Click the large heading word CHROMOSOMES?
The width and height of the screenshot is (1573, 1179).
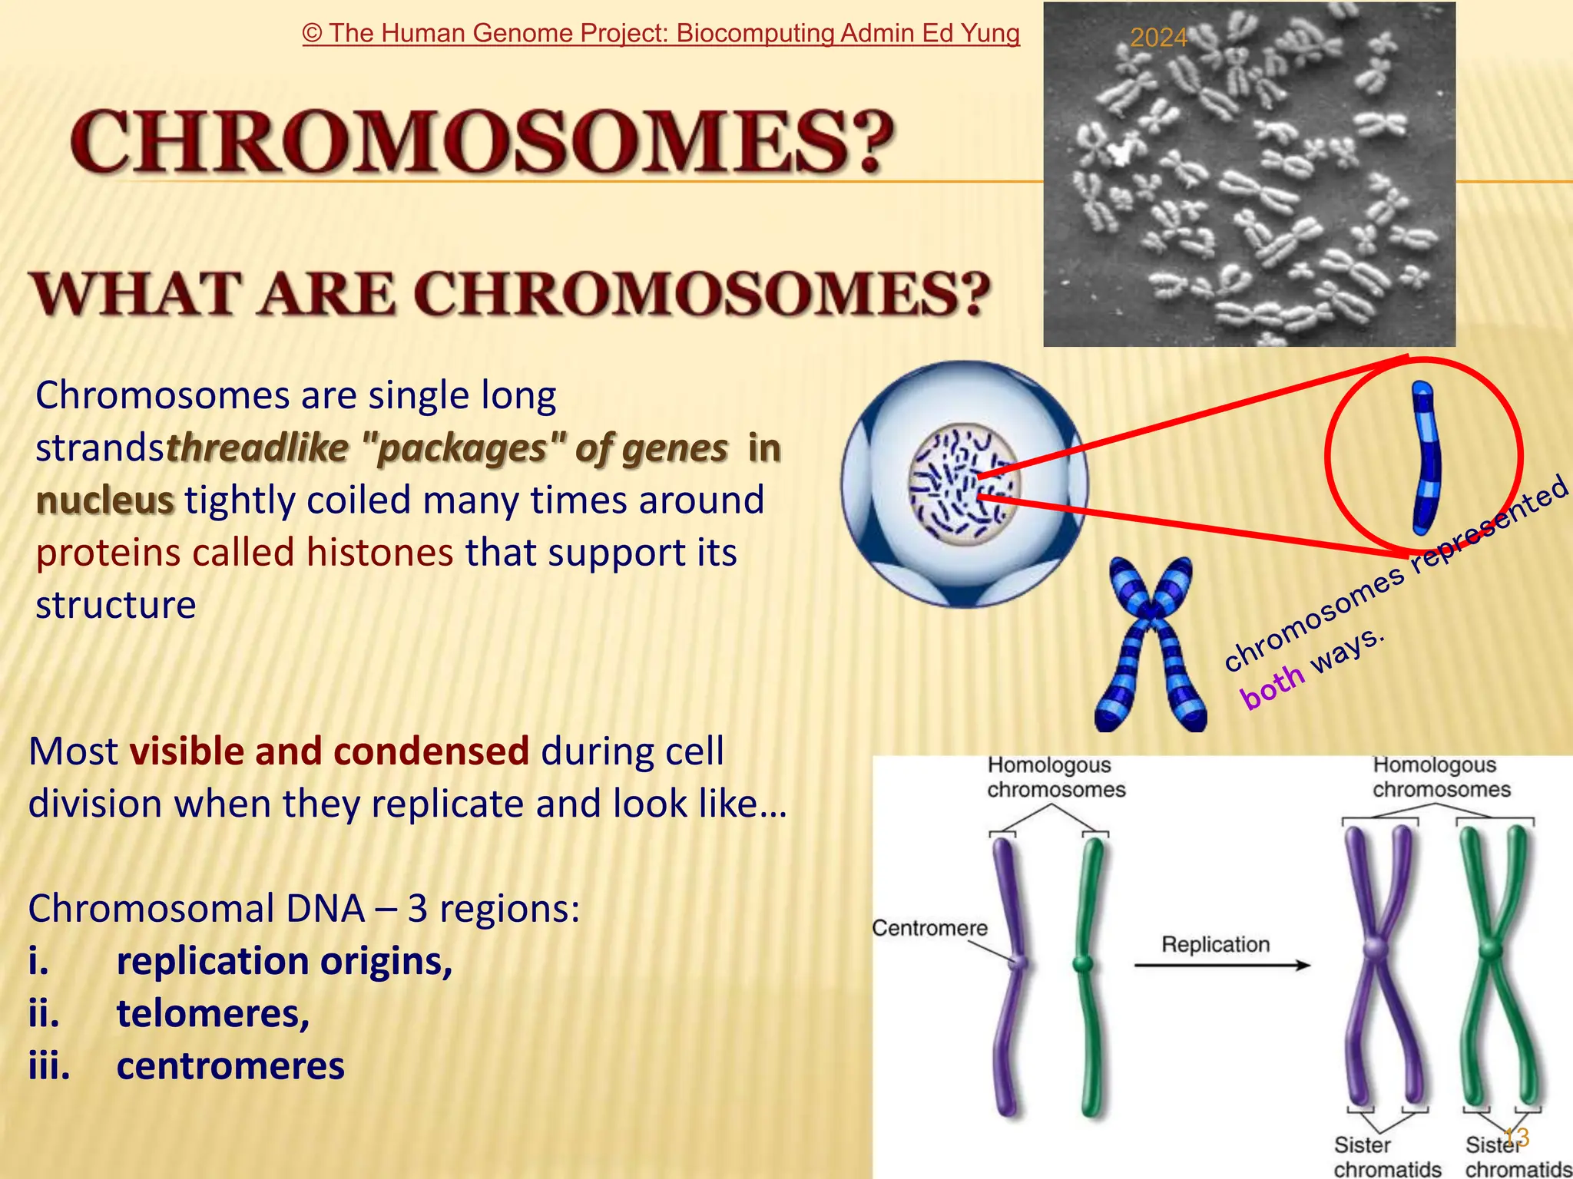click(482, 142)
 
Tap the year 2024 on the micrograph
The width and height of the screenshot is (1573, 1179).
click(1158, 38)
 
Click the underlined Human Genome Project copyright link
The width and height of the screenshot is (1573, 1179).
click(661, 34)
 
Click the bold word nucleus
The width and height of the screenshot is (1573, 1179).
click(105, 500)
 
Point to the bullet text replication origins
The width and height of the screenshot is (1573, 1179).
click(284, 961)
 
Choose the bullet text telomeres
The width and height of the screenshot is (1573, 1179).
click(213, 1013)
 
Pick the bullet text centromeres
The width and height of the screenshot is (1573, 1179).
click(230, 1066)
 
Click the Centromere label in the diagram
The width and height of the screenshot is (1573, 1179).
click(929, 928)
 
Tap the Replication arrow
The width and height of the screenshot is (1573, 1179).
click(1221, 965)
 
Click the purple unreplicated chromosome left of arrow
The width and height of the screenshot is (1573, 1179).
click(1012, 975)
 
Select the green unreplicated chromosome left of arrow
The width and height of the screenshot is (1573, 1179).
click(1088, 975)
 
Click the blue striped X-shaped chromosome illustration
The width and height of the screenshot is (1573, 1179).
click(1150, 645)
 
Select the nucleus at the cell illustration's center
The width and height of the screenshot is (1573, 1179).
click(964, 485)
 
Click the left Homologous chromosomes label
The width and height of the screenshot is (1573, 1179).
click(1055, 777)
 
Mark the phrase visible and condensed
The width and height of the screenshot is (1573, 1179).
click(329, 751)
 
